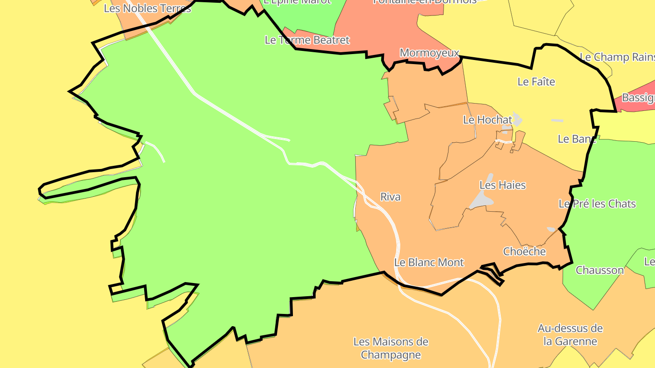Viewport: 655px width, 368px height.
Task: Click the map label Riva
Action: point(390,197)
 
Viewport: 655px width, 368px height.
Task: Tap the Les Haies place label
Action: point(503,185)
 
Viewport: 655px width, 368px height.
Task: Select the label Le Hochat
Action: point(488,120)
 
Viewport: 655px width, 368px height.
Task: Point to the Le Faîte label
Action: point(536,82)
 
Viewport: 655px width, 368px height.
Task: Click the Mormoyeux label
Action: point(429,53)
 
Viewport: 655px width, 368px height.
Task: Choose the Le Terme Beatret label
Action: point(307,40)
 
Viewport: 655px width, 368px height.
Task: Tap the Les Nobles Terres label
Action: point(147,8)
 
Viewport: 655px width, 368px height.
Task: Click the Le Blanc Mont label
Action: point(429,262)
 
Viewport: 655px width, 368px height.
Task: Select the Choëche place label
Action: point(524,251)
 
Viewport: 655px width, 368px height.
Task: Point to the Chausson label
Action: point(600,270)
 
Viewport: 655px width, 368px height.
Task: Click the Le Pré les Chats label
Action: point(597,204)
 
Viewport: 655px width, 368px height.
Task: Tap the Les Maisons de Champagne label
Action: point(391,348)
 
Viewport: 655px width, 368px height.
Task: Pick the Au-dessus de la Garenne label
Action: point(570,335)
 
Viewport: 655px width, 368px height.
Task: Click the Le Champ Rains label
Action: point(617,57)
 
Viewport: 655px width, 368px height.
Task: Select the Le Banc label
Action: point(576,139)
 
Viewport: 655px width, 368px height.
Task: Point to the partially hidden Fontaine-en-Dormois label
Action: point(424,2)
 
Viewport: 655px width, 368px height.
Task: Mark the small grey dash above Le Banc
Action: point(557,120)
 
